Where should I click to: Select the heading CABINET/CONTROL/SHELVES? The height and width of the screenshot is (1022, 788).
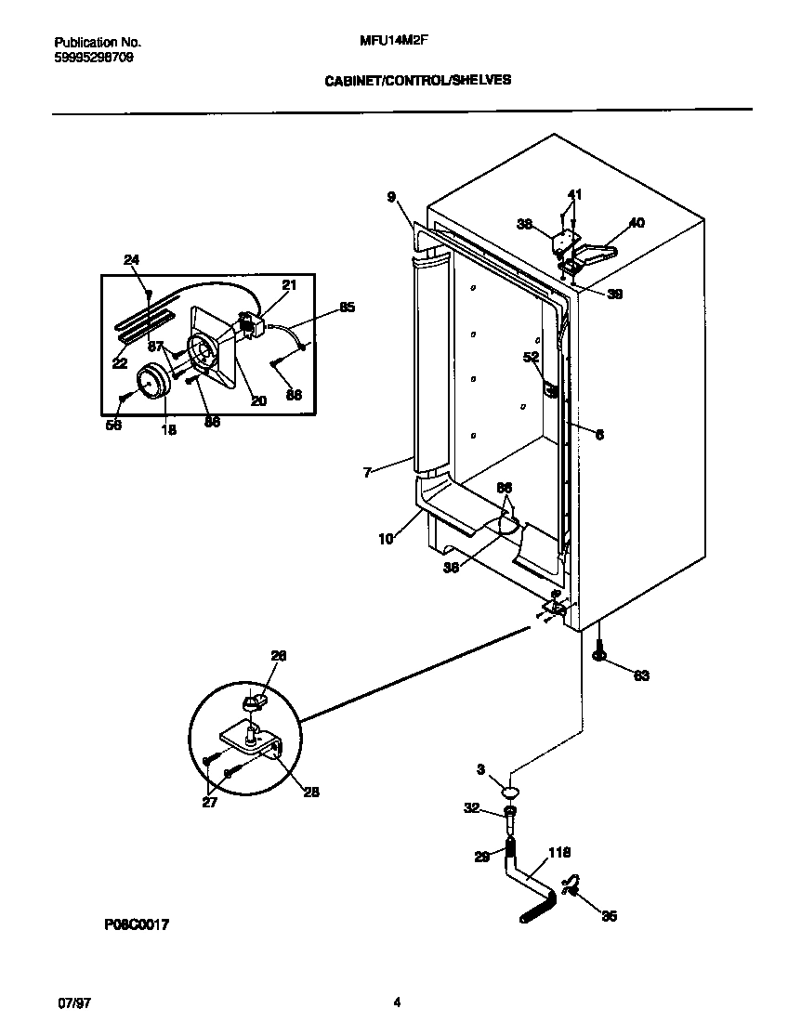click(x=417, y=81)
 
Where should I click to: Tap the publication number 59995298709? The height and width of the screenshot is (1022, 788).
click(x=94, y=56)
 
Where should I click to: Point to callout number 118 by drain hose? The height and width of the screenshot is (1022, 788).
click(x=559, y=852)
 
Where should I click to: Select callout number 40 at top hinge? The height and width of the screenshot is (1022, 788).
click(x=637, y=223)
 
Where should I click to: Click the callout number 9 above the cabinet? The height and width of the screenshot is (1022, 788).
click(x=392, y=196)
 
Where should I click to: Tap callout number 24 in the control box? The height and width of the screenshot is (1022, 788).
click(x=131, y=260)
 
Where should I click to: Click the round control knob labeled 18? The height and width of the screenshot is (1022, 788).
click(x=151, y=383)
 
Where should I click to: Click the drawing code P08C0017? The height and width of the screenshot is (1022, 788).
click(x=137, y=925)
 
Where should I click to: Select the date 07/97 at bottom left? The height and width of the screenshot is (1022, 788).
click(x=70, y=1002)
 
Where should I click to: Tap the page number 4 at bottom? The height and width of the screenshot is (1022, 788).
click(x=397, y=1002)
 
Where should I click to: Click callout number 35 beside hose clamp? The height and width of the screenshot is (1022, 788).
click(x=609, y=916)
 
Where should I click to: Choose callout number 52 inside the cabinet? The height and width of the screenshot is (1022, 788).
click(x=531, y=357)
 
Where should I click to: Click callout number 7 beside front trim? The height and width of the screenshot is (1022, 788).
click(x=368, y=473)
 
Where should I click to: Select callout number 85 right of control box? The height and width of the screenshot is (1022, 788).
click(x=347, y=307)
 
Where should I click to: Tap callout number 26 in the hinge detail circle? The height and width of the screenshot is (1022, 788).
click(x=279, y=656)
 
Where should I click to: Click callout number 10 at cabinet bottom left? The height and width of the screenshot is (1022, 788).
click(x=386, y=538)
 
